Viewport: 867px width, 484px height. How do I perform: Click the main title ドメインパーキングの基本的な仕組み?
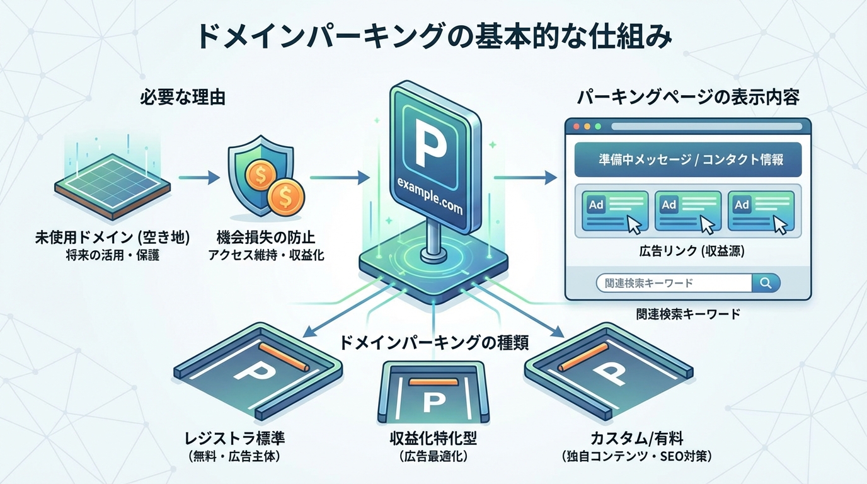(433, 36)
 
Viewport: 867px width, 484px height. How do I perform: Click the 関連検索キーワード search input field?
(674, 283)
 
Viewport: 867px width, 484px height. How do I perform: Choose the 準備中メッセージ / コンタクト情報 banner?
(688, 159)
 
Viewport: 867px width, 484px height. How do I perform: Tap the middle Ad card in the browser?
(687, 210)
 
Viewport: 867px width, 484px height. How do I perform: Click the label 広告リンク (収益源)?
(687, 251)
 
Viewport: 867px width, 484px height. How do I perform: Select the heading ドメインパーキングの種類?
(433, 343)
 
